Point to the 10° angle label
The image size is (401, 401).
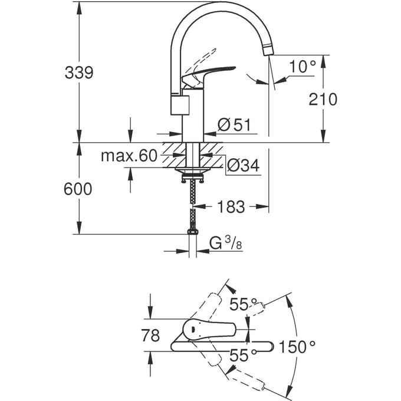click(303, 67)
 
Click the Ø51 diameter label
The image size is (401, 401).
click(234, 125)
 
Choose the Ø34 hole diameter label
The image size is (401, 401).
click(242, 166)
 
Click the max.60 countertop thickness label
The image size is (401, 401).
click(128, 156)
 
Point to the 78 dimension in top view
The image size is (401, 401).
click(151, 336)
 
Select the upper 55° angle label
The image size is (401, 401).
click(243, 305)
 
